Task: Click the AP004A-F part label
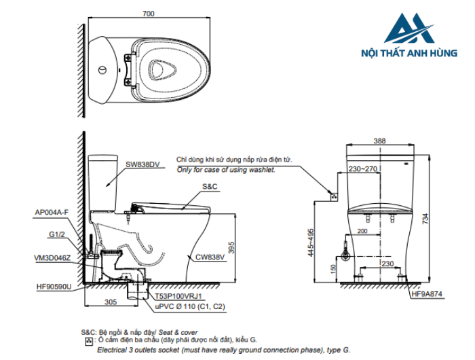tap(52, 212)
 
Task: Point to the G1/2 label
tap(57, 234)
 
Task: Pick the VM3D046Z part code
tap(52, 257)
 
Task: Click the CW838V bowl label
tap(210, 257)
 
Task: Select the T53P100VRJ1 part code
tap(178, 297)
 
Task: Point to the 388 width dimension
tap(380, 141)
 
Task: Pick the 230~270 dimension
tap(364, 168)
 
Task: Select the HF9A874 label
tap(427, 293)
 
